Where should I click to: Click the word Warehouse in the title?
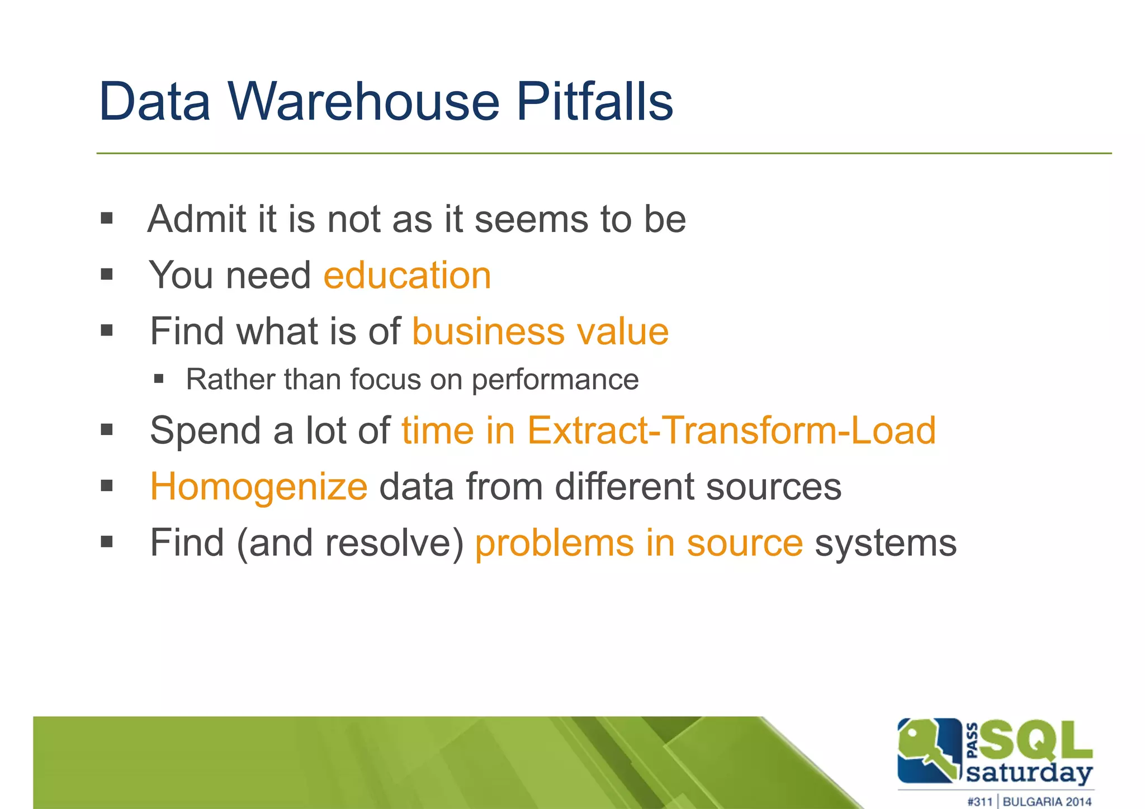(363, 102)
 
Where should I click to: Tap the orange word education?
(407, 276)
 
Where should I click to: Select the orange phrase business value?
(540, 332)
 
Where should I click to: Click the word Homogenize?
(259, 486)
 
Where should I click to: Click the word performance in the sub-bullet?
(555, 380)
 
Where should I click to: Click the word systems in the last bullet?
(886, 543)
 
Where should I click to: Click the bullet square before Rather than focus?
(159, 380)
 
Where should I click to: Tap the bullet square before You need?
(107, 275)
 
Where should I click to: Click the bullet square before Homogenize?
(107, 485)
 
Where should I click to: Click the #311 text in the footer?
(980, 802)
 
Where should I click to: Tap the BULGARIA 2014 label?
(1047, 802)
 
